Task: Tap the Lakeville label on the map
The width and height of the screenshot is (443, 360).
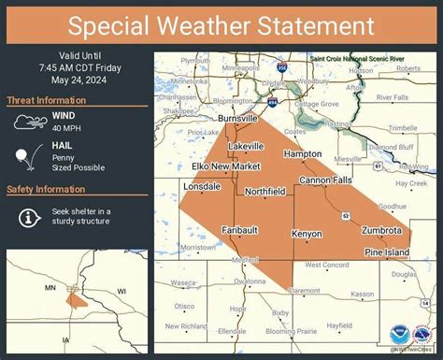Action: pos(246,147)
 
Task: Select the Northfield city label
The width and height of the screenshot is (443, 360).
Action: pos(264,191)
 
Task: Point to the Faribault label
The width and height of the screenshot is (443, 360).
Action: pos(240,229)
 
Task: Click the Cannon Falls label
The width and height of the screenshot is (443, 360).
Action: pos(323,179)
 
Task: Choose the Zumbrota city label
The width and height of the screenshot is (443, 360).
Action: pos(381,229)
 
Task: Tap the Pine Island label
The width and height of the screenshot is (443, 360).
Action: pos(386,252)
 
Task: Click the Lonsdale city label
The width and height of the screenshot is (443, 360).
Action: pos(202,186)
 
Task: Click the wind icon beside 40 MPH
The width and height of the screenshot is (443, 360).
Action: pos(30,122)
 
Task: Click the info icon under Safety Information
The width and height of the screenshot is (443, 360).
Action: pos(30,217)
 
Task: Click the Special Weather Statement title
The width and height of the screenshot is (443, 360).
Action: pos(221,24)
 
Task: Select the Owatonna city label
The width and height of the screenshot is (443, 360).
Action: pos(250,281)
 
